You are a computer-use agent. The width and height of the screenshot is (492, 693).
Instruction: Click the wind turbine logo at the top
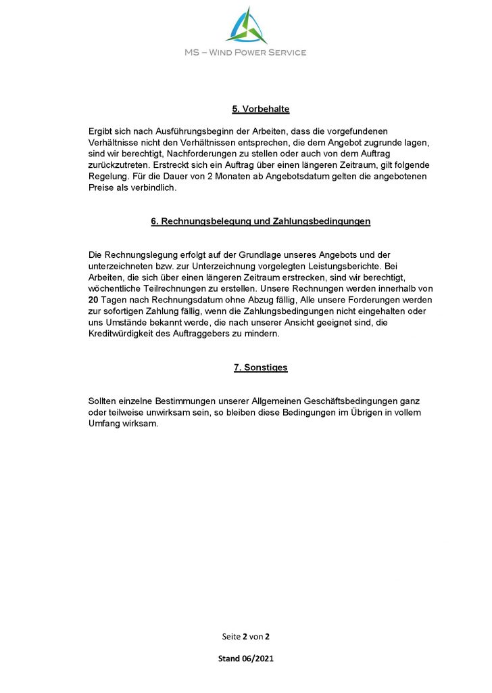tap(246, 25)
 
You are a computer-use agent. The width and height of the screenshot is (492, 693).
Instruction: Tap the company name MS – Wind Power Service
tap(246, 52)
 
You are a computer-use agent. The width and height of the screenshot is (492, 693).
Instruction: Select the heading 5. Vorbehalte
tap(260, 109)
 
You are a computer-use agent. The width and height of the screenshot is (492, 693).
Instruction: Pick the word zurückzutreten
tap(120, 165)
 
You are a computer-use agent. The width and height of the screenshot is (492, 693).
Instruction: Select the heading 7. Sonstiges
tap(260, 367)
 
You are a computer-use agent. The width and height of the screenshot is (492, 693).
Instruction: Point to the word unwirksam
tap(162, 413)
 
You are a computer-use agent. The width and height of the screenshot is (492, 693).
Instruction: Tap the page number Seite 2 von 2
tap(245, 637)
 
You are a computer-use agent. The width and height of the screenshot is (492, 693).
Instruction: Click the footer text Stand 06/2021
tap(245, 658)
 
